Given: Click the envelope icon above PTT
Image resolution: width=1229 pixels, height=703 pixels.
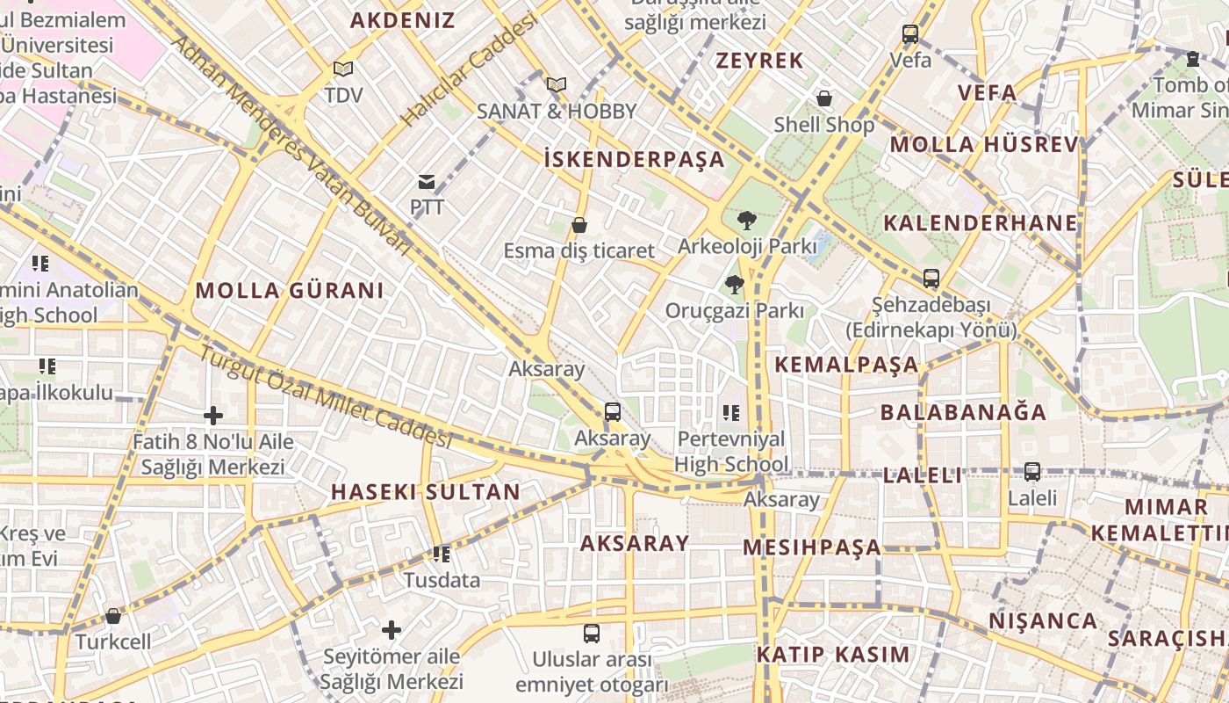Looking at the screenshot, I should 427,182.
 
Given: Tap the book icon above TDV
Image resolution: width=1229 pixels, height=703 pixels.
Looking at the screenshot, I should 343,69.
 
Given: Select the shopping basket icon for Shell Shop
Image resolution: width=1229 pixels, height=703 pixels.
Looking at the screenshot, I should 823,98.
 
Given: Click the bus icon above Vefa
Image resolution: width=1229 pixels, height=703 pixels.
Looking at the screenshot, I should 910,35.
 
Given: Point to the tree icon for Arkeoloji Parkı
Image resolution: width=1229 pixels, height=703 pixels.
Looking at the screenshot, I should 747,220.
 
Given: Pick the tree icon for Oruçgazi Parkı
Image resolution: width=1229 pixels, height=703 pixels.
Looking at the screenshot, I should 735,284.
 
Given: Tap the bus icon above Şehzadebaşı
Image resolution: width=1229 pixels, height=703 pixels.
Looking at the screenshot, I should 931,279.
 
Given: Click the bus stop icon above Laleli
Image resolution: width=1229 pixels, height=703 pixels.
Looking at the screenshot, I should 1032,472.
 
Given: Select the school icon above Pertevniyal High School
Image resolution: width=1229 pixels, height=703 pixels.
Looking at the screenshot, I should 731,412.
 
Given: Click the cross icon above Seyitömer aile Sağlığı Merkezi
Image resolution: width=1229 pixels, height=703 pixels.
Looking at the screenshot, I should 392,630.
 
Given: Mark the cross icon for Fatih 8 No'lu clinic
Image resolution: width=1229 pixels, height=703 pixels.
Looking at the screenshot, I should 213,416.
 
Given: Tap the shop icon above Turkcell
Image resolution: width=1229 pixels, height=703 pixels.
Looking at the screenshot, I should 113,616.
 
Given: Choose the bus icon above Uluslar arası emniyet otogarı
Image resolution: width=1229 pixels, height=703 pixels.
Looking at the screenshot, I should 592,634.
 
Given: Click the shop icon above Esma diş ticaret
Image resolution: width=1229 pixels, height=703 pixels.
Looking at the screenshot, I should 579,225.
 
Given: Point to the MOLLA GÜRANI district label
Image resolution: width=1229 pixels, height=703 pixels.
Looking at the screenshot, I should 290,291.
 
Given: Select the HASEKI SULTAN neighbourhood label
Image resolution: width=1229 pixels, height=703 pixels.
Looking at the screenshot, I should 426,492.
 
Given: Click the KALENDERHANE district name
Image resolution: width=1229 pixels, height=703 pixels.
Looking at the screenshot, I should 980,223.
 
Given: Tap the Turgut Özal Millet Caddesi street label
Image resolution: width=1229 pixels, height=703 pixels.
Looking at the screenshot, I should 325,397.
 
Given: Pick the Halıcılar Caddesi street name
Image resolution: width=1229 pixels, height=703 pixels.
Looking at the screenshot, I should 469,70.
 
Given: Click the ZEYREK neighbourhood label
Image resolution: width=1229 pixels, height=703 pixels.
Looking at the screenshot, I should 760,61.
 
